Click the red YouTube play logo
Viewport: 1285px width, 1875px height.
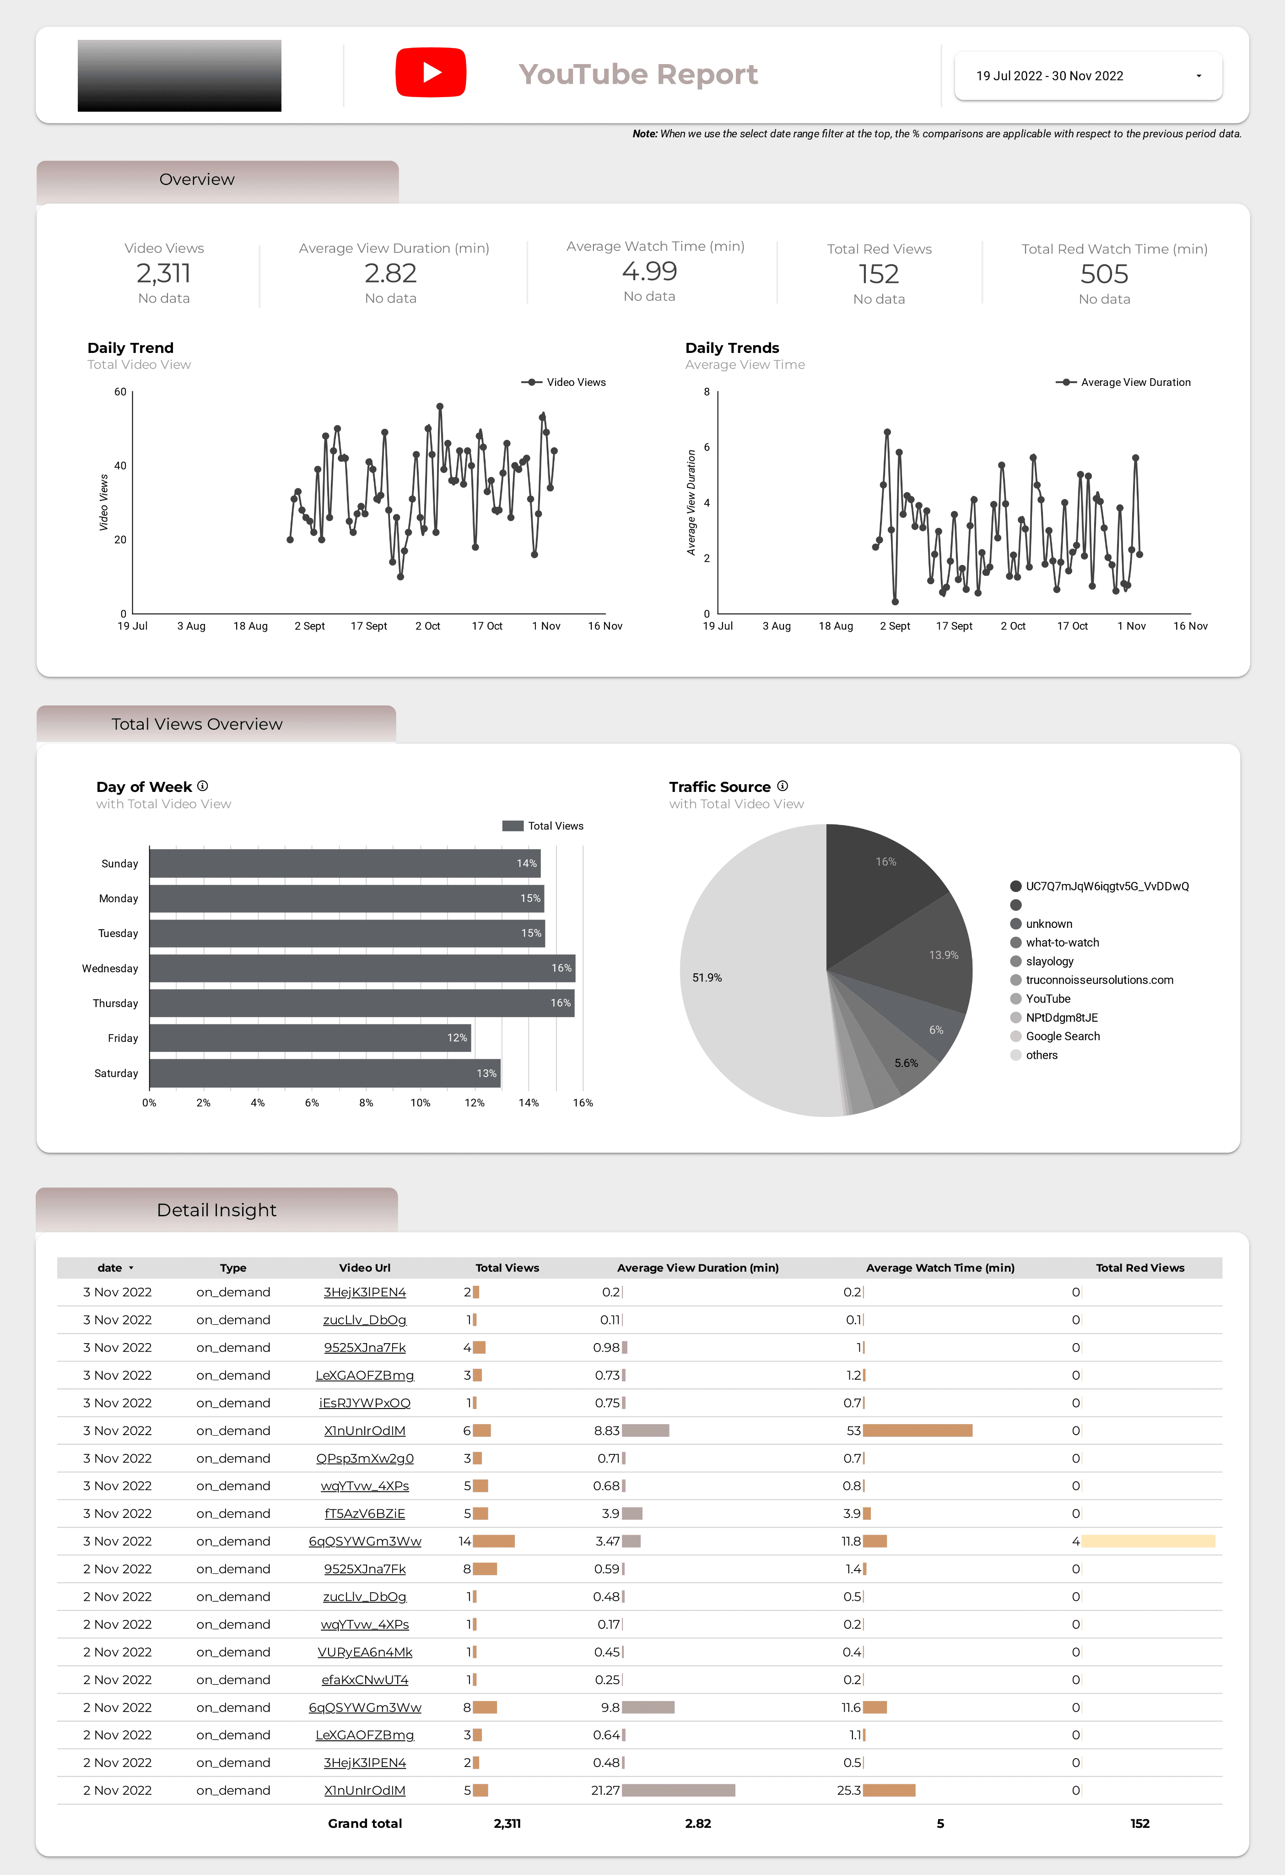coord(430,73)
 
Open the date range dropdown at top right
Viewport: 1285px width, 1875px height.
coord(1087,76)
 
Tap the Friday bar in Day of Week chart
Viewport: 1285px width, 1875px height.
coord(310,1038)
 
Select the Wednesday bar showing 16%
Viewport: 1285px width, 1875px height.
coord(362,968)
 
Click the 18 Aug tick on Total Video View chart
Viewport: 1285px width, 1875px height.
coord(250,626)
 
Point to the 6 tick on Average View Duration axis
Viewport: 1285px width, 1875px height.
coord(707,447)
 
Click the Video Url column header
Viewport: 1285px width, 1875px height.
coord(365,1268)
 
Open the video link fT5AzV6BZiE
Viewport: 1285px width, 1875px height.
coord(365,1513)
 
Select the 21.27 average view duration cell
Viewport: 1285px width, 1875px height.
coord(605,1790)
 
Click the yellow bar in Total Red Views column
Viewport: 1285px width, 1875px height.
coord(1147,1541)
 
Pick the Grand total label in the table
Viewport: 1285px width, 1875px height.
coord(365,1823)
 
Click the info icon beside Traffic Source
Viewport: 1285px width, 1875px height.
coord(783,786)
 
